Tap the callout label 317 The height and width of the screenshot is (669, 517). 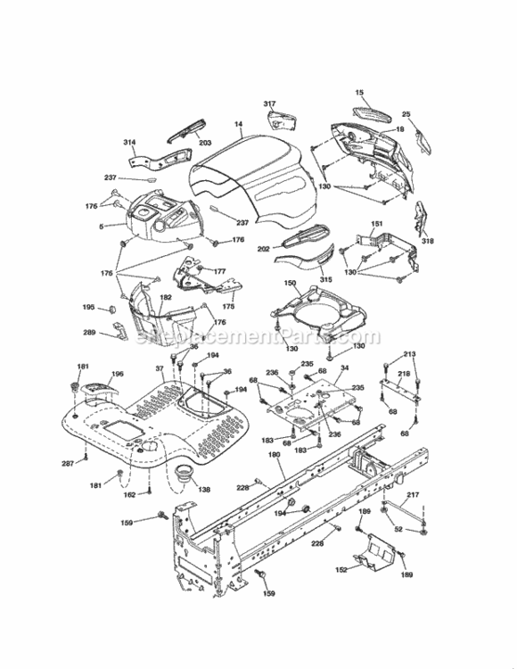pyautogui.click(x=269, y=104)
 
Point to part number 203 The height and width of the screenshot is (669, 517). pyautogui.click(x=205, y=143)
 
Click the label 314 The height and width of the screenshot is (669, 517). pyautogui.click(x=130, y=142)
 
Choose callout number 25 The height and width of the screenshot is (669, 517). pyautogui.click(x=406, y=114)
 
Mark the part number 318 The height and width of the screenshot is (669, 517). pyautogui.click(x=428, y=241)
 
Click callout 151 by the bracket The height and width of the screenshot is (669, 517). pyautogui.click(x=377, y=224)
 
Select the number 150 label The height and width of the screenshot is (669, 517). pyautogui.click(x=290, y=283)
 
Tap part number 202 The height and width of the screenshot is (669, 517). pyautogui.click(x=264, y=249)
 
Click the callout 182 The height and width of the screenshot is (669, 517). pyautogui.click(x=166, y=297)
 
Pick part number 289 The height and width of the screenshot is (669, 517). pyautogui.click(x=88, y=334)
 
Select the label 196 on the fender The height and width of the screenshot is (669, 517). pyautogui.click(x=118, y=374)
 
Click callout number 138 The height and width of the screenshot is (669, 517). pyautogui.click(x=204, y=490)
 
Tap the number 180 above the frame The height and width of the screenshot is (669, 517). pyautogui.click(x=274, y=455)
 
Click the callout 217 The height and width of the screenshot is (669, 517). pyautogui.click(x=413, y=495)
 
